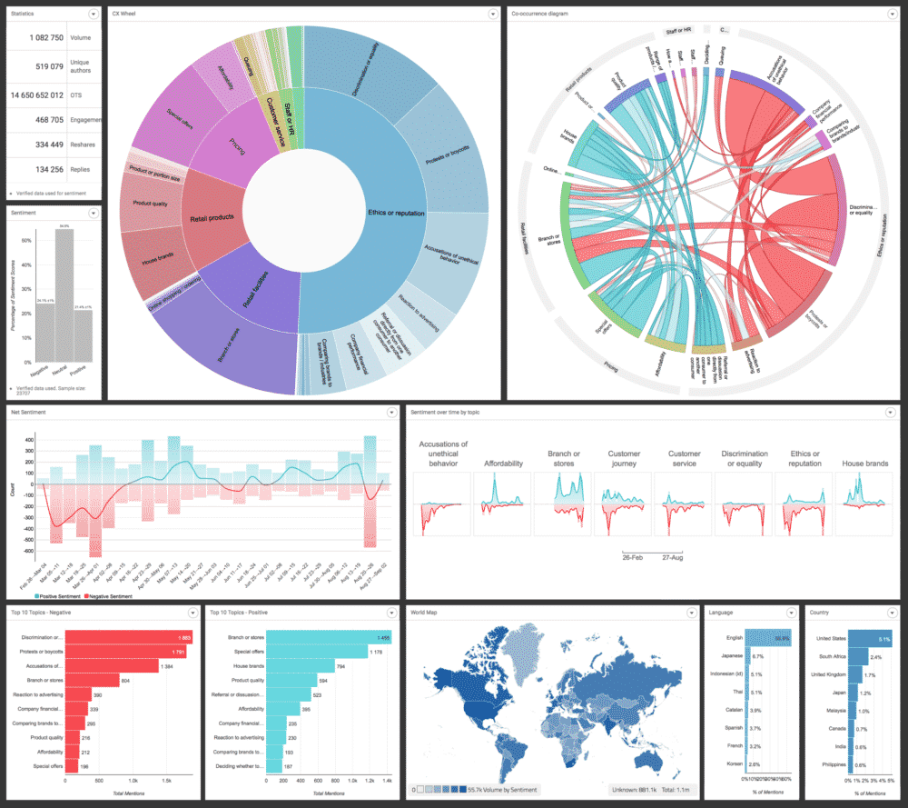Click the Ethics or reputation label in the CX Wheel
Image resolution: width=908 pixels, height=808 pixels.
(396, 213)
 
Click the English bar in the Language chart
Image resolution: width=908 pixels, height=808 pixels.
(768, 639)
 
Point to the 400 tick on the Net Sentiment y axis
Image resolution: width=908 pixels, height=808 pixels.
(28, 439)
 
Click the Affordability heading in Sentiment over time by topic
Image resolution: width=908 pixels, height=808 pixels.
(503, 464)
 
